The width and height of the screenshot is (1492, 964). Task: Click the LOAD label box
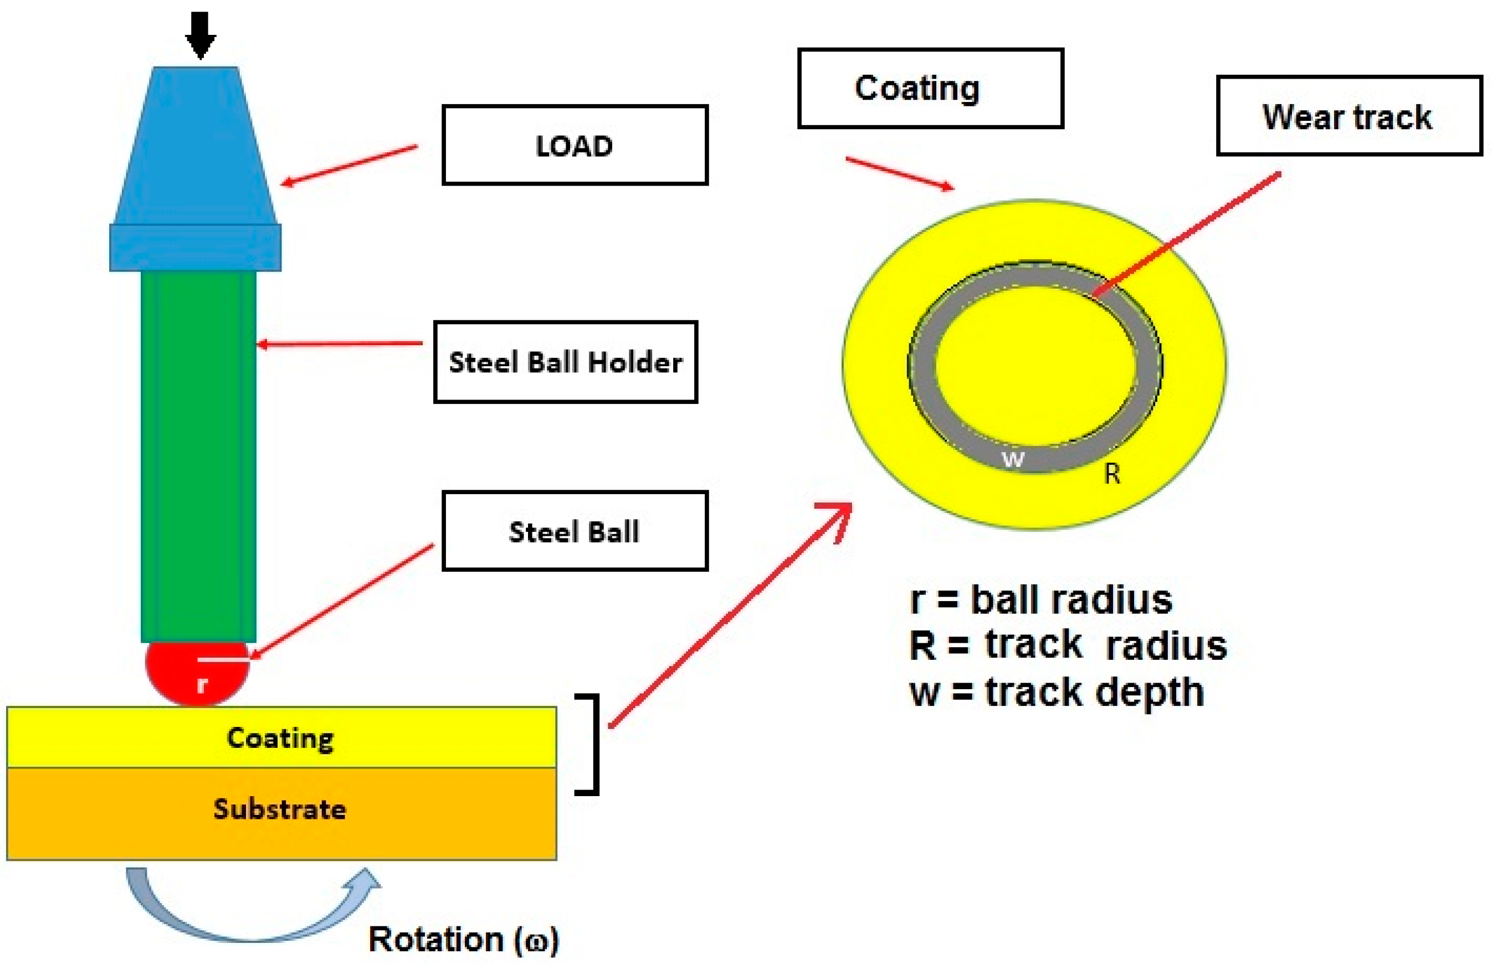575,145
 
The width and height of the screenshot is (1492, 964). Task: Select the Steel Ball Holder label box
565,362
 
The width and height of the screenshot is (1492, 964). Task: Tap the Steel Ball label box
575,531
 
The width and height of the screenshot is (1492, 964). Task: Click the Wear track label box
1349,116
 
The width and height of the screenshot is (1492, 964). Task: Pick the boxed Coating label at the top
930,88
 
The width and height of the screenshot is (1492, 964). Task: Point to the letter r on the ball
202,684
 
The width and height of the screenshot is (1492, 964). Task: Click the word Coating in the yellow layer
280,738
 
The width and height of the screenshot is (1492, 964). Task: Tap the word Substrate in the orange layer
280,809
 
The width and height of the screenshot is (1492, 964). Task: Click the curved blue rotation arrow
250,920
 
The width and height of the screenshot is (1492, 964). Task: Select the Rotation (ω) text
463,940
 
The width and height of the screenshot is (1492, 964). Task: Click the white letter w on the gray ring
1013,459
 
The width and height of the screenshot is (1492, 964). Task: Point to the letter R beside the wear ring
1111,474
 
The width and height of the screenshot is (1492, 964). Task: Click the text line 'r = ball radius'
1040,599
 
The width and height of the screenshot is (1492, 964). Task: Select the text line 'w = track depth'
1057,693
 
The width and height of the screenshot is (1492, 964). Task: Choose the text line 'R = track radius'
1067,645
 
